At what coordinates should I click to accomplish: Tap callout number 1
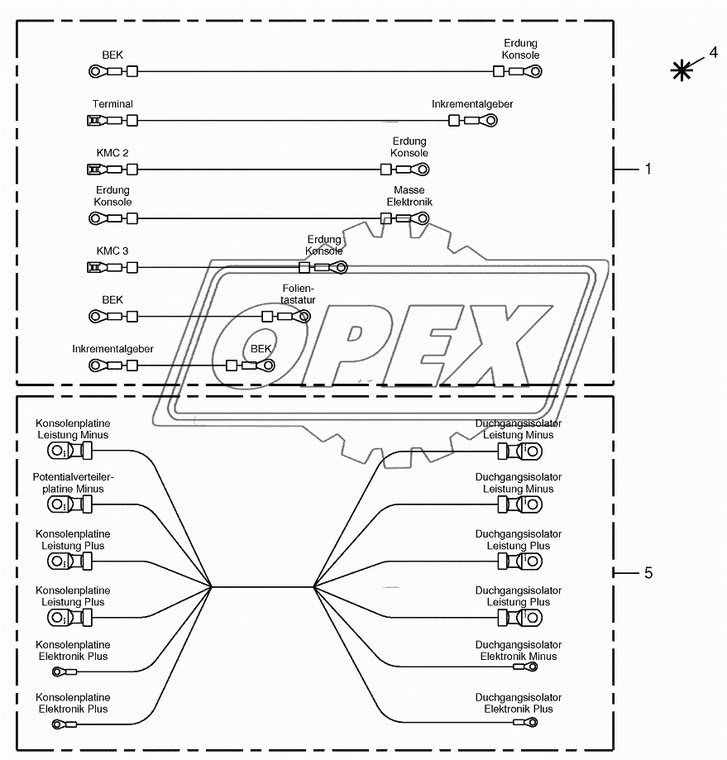[x=648, y=169]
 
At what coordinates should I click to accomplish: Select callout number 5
[x=648, y=572]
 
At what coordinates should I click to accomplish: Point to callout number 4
[x=712, y=52]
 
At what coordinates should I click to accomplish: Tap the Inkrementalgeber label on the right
[x=472, y=104]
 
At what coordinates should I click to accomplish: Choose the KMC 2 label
[x=112, y=153]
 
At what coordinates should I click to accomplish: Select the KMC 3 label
[x=112, y=251]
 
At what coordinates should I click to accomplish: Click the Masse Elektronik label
[x=409, y=196]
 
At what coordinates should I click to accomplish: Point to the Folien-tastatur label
[x=299, y=294]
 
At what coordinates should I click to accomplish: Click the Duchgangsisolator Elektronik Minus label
[x=519, y=651]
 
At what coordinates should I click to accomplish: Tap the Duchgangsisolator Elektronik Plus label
[x=519, y=703]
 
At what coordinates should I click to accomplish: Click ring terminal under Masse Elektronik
[x=420, y=218]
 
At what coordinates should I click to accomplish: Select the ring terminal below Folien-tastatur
[x=304, y=316]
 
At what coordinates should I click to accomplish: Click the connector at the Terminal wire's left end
[x=94, y=121]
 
